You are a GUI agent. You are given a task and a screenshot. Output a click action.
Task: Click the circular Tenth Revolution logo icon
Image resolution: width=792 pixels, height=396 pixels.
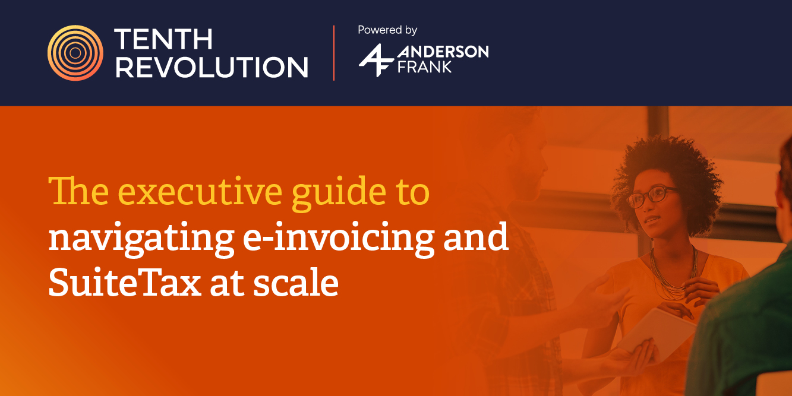click(75, 53)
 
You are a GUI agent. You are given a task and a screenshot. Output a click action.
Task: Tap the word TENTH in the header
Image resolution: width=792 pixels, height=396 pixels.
click(163, 39)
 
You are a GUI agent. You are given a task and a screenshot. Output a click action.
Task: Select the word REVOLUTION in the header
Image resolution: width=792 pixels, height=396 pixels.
click(212, 67)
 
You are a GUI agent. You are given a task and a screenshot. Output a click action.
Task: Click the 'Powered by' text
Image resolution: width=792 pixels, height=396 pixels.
click(387, 30)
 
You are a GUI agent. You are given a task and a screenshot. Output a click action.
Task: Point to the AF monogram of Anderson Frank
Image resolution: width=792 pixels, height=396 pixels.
click(376, 60)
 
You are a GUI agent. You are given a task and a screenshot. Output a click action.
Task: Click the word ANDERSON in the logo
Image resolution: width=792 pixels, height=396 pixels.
click(443, 52)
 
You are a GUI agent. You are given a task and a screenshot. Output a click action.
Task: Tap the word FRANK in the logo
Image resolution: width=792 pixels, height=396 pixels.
click(424, 66)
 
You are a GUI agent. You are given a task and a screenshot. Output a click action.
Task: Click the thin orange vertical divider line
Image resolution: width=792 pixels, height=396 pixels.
click(334, 53)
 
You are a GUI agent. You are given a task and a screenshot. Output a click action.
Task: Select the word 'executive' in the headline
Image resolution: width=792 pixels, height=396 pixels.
click(200, 192)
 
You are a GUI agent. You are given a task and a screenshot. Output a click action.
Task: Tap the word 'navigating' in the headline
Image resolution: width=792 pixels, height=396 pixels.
click(141, 239)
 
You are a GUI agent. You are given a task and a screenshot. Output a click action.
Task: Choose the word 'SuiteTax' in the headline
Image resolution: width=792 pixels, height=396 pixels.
click(125, 282)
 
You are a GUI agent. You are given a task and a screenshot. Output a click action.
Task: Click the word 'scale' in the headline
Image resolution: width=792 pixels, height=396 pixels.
click(296, 282)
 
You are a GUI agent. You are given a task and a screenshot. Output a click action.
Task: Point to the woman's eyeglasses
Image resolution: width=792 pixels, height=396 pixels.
click(652, 196)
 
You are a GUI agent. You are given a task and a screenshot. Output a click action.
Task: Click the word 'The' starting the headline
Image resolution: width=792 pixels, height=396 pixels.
click(78, 191)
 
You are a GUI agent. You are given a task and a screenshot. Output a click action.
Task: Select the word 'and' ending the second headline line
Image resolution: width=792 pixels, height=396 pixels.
click(476, 237)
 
